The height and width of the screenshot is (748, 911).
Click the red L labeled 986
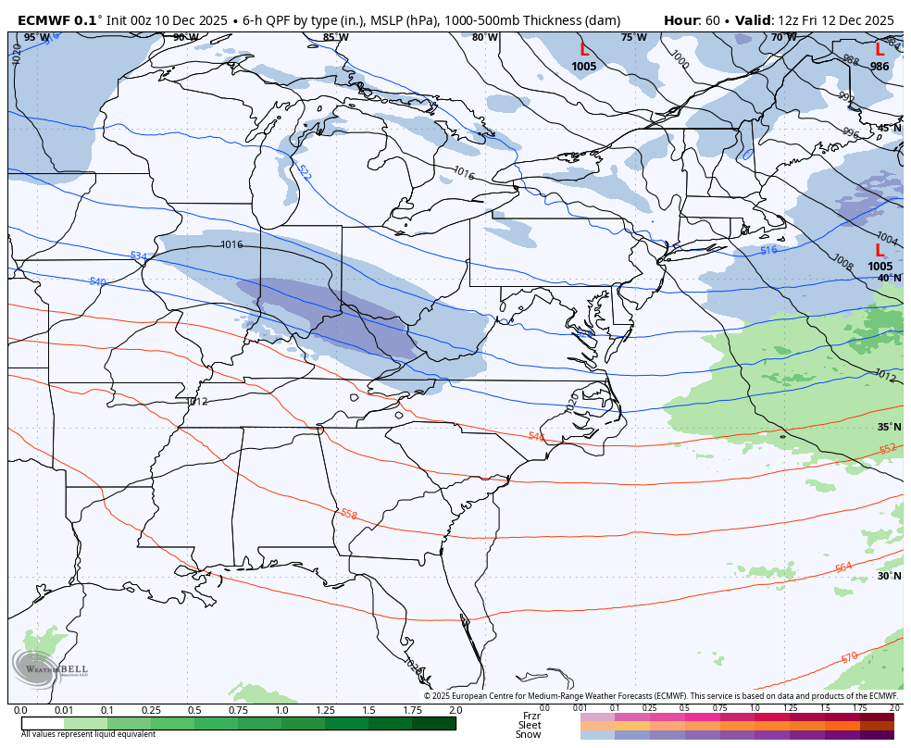[879, 50]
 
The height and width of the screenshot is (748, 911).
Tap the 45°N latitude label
[889, 129]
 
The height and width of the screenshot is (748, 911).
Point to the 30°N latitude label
[889, 576]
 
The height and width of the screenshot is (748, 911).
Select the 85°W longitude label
[336, 38]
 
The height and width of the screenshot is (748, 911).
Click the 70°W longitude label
[783, 38]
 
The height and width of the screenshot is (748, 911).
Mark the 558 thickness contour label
[348, 514]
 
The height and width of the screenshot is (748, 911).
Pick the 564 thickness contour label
[842, 567]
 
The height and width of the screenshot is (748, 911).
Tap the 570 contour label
[849, 657]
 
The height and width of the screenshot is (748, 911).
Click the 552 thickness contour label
[887, 449]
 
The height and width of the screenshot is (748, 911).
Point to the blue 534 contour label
[138, 256]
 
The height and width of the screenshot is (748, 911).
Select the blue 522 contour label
[304, 173]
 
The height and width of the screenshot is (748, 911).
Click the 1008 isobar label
[842, 262]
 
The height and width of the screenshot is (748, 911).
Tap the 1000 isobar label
[680, 60]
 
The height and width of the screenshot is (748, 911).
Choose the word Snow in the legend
[529, 734]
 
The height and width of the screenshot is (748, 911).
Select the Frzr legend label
[531, 716]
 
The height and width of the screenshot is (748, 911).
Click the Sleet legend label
[529, 725]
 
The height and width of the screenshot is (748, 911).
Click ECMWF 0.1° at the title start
[59, 19]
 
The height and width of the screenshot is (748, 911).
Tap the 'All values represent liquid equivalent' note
[88, 734]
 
